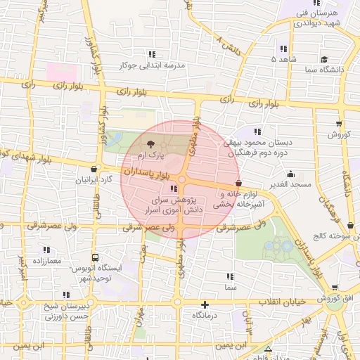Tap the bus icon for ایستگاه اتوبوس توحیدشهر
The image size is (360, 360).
[95, 258]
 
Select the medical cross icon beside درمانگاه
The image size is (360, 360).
[205, 304]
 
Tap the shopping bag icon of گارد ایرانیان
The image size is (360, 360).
[94, 169]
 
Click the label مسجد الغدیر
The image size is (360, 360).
[290, 184]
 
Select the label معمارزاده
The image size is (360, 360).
[46, 261]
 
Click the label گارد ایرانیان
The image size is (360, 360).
[94, 180]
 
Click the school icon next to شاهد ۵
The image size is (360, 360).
[283, 49]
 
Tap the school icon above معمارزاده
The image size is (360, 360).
[46, 250]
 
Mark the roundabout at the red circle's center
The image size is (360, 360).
[180, 180]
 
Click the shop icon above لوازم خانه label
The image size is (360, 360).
[239, 184]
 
